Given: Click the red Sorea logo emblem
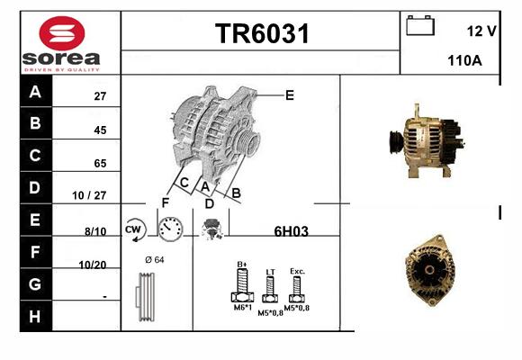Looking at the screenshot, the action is tap(62, 33).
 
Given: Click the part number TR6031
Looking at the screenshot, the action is tap(262, 33).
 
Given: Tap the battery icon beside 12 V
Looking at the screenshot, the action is tap(420, 25).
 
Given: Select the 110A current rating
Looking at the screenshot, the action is tap(464, 60).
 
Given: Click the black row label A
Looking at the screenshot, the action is tap(35, 91).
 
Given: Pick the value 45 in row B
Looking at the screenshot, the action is tap(100, 130).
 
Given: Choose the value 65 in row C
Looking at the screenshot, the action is tap(100, 163).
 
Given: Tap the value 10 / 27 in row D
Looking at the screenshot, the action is tap(89, 195).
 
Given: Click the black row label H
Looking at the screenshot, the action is tap(35, 317).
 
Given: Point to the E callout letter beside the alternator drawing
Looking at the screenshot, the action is tap(290, 95).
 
